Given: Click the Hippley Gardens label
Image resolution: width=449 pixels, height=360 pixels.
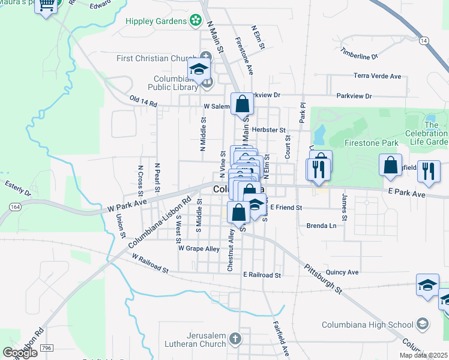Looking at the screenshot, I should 156,21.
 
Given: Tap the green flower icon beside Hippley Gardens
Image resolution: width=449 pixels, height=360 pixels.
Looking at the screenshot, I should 195,22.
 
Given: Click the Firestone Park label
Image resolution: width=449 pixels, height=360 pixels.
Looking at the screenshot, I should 372,143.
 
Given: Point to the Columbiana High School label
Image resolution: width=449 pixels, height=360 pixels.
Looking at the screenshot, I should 381,325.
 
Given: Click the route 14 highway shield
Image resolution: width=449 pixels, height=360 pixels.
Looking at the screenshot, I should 424,40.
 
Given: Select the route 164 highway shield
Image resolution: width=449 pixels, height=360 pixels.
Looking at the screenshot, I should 15,207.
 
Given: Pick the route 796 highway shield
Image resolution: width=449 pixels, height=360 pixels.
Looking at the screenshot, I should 47,347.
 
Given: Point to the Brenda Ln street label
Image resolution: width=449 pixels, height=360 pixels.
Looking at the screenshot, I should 321,226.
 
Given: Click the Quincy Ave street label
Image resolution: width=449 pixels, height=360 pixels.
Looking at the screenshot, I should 343,272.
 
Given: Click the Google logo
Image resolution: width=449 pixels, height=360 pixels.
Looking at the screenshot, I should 20,353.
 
